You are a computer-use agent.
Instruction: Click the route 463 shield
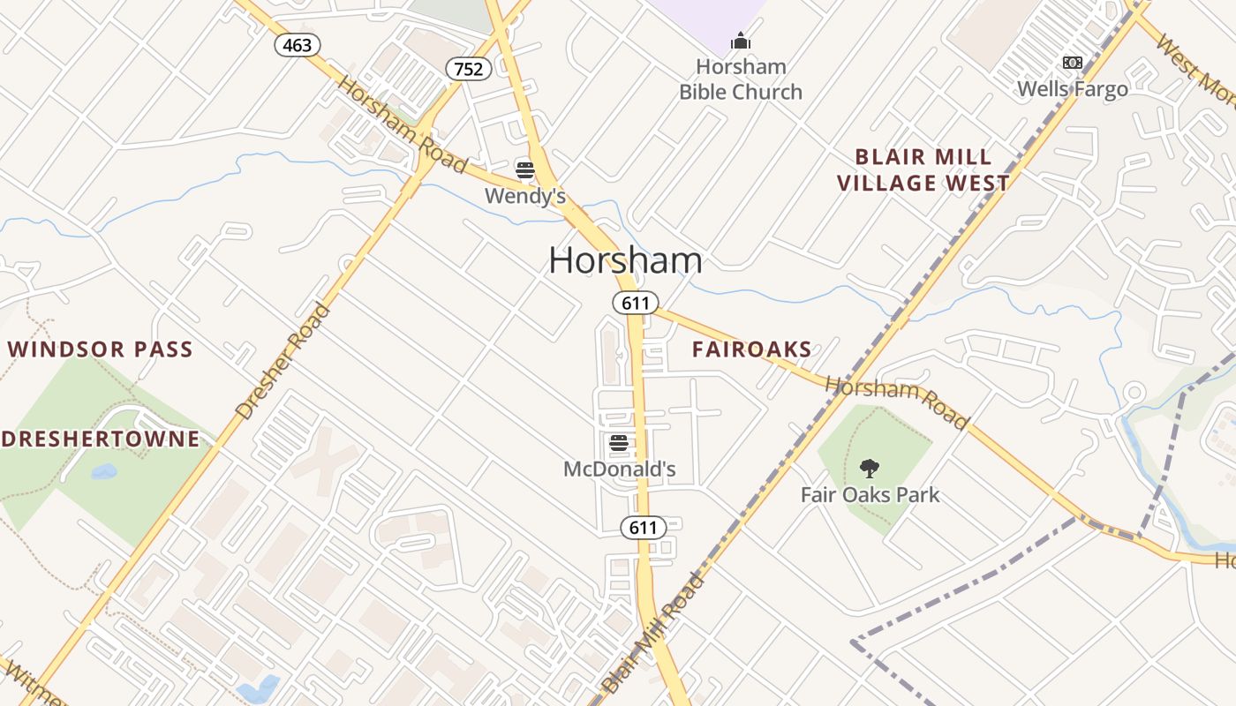(x=297, y=45)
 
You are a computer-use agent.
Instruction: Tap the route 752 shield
(x=468, y=69)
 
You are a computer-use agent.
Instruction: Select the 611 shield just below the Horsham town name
(x=635, y=304)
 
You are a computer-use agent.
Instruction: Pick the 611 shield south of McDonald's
(x=643, y=528)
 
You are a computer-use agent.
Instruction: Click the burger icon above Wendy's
(x=525, y=169)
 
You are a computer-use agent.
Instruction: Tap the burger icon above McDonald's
(x=618, y=442)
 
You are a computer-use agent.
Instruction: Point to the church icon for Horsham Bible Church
(x=740, y=41)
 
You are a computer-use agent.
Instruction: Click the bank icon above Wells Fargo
(x=1072, y=63)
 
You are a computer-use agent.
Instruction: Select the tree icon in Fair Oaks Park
(x=870, y=468)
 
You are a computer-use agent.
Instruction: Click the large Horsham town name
(x=625, y=260)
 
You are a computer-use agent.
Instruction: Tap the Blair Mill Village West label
(x=923, y=170)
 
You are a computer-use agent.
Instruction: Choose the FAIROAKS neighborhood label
(x=751, y=349)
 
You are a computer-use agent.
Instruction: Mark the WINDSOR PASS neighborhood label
(x=100, y=349)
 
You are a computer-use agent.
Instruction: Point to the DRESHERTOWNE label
(x=100, y=439)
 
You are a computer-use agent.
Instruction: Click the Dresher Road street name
(x=283, y=361)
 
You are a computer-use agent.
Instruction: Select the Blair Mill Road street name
(x=653, y=633)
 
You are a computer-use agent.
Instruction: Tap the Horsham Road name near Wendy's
(x=403, y=125)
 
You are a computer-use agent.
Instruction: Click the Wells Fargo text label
(x=1072, y=89)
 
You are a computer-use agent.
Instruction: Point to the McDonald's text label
(x=619, y=469)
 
